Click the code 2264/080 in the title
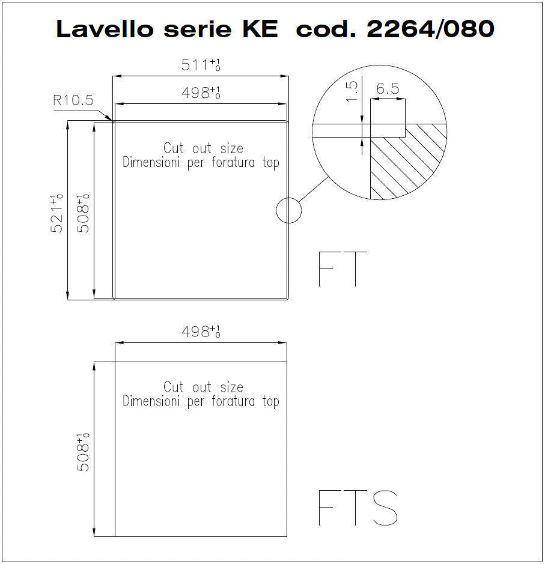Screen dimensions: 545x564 point(431,29)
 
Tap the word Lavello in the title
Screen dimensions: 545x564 point(105,29)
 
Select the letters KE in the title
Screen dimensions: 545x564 point(260,29)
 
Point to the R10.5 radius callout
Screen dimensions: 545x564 point(73,100)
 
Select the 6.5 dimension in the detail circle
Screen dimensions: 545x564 point(388,88)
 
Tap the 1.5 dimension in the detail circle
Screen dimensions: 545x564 point(352,91)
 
